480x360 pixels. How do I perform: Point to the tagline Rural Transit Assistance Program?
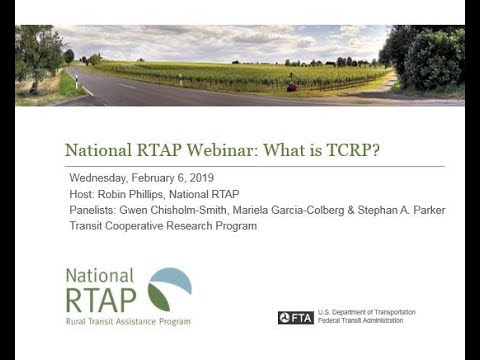point(127,321)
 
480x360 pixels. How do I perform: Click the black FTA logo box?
point(296,317)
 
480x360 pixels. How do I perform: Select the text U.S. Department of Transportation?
point(366,312)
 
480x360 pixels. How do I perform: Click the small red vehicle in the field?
point(291,87)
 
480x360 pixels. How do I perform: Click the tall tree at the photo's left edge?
point(39,56)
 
